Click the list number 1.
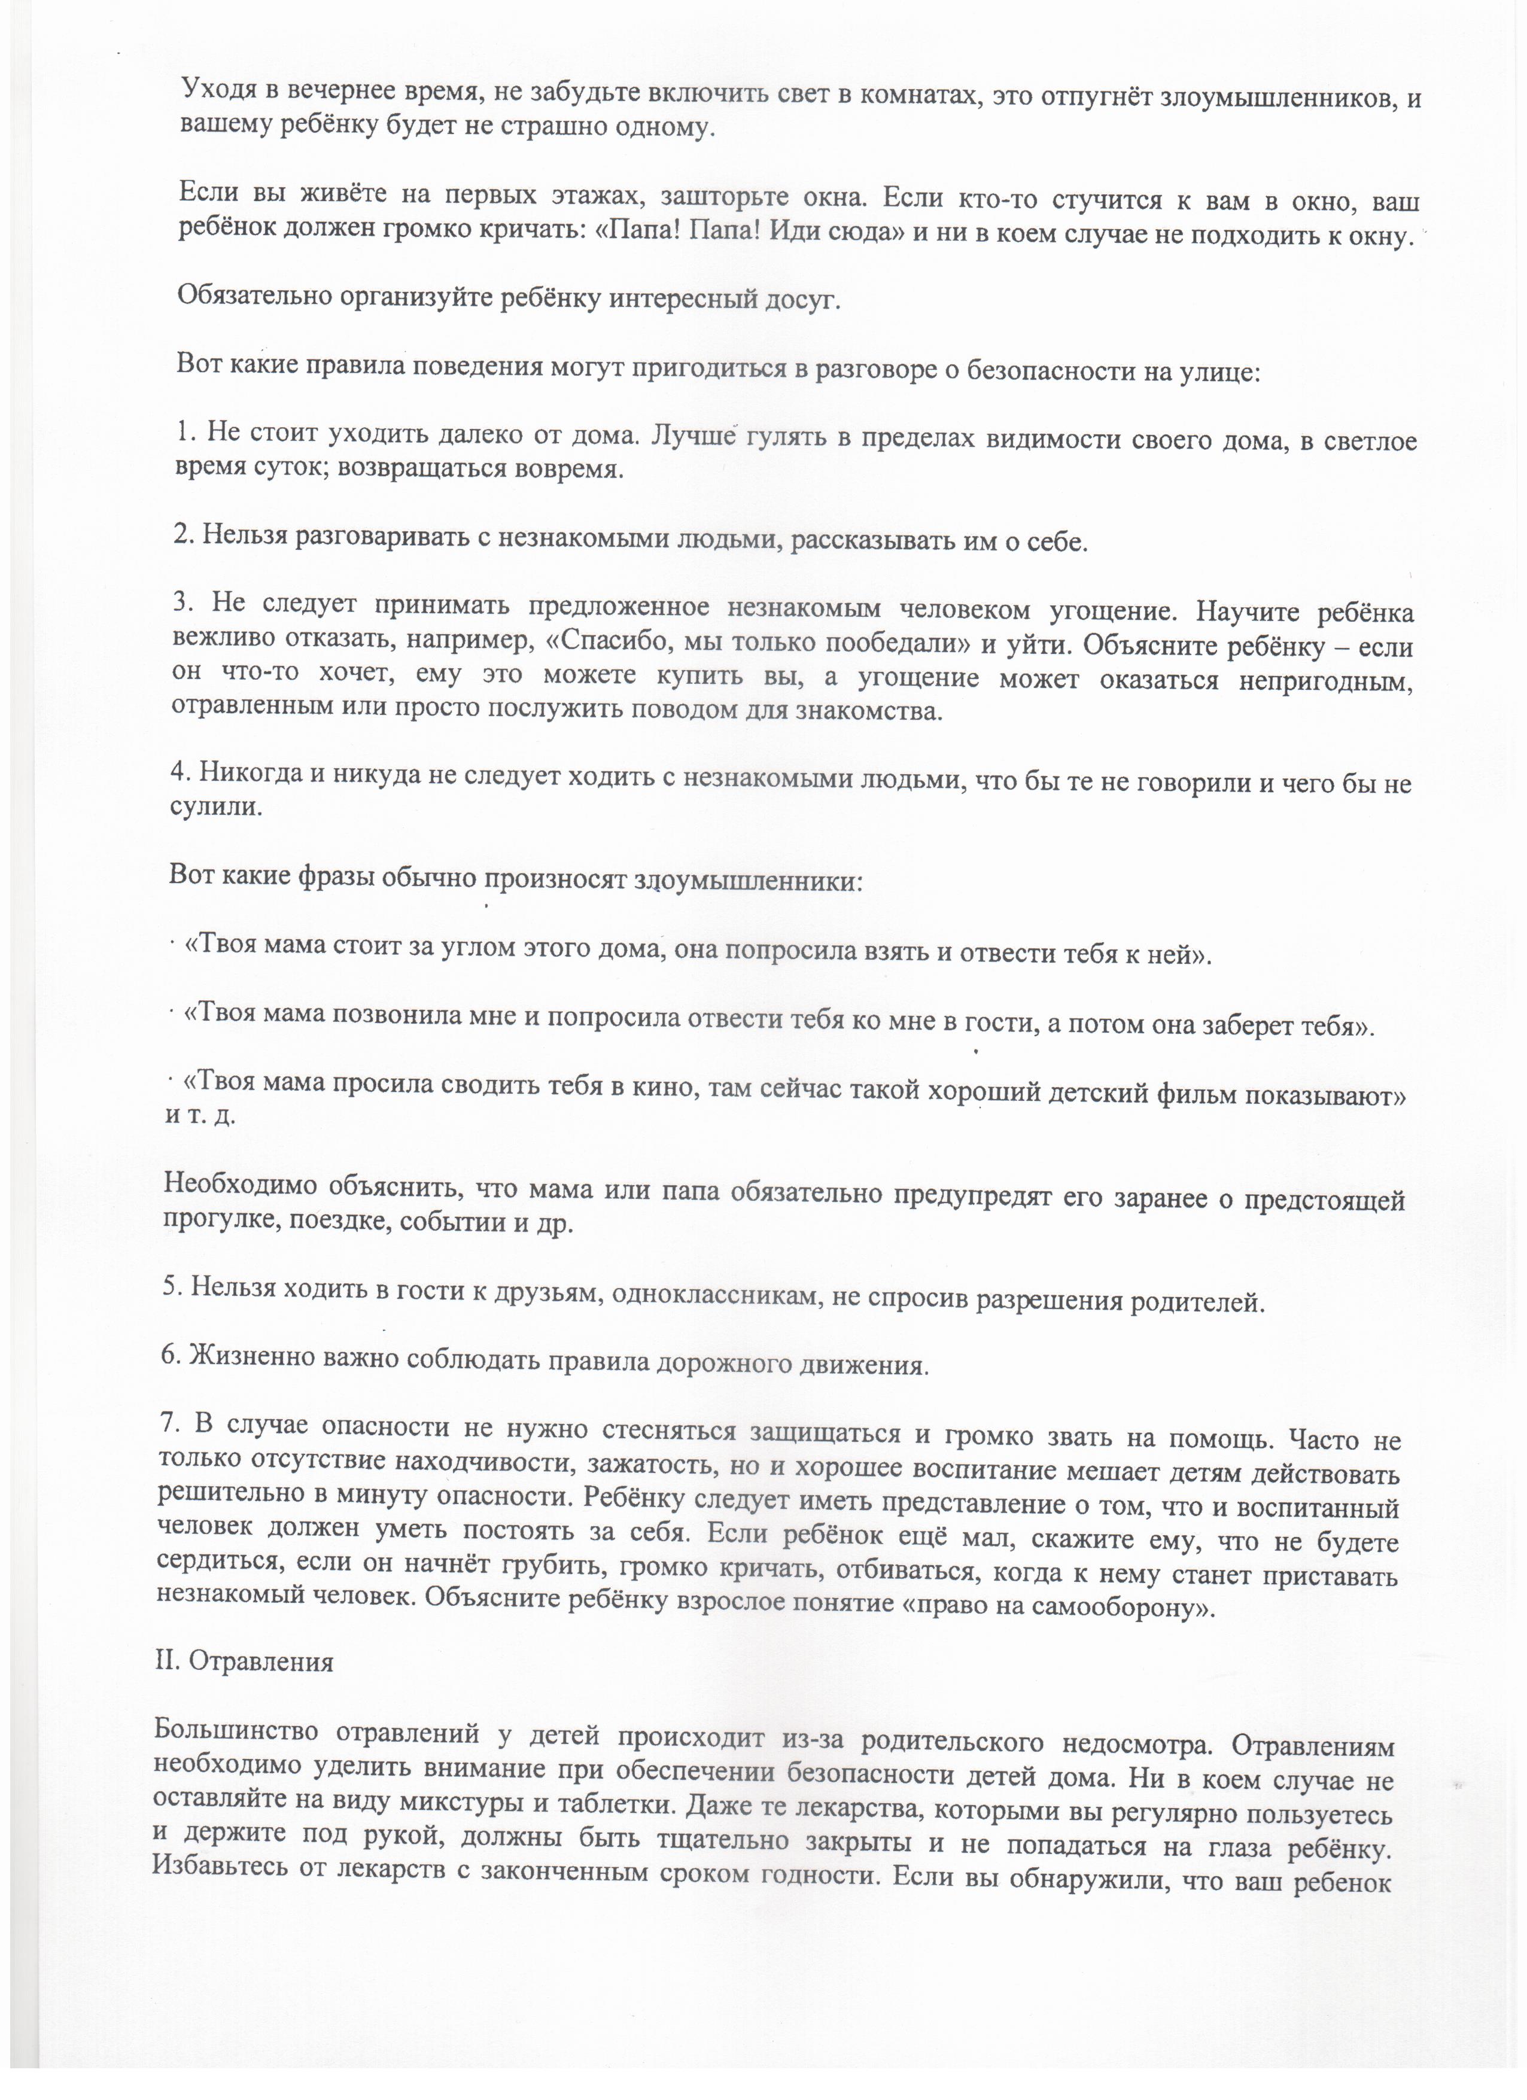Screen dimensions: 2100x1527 183,433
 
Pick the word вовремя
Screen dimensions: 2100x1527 574,470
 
